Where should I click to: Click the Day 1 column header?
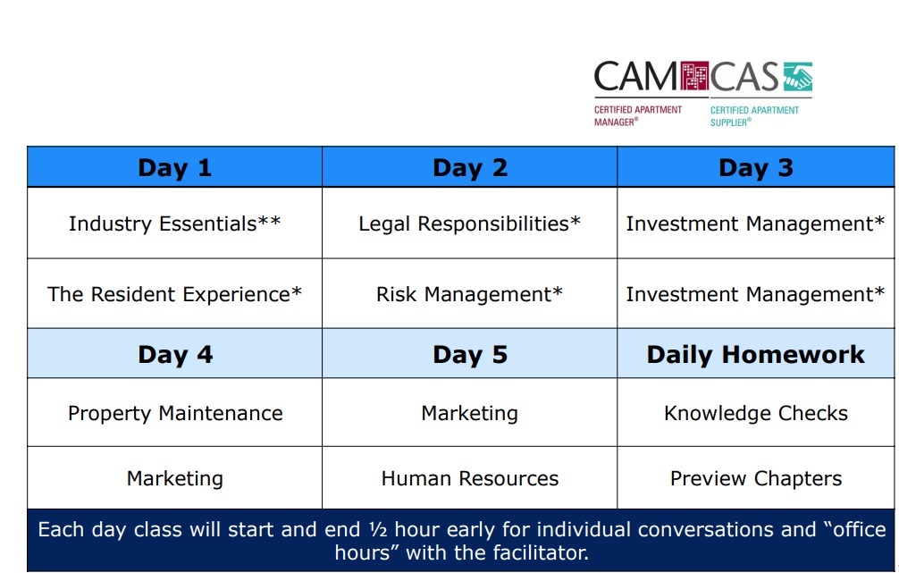click(175, 167)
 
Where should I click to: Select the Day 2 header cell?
click(470, 167)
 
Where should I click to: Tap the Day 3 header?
click(756, 167)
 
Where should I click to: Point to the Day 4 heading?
click(175, 354)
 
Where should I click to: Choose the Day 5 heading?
click(470, 354)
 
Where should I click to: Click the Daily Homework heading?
click(756, 354)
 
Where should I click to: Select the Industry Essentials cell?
click(175, 223)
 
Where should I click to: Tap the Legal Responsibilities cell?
click(470, 223)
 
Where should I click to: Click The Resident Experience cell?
click(175, 294)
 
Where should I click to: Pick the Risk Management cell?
click(470, 294)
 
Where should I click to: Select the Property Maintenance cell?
click(175, 413)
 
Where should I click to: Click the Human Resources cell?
click(470, 477)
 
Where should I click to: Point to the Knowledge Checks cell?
click(756, 413)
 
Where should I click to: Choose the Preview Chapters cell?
click(756, 477)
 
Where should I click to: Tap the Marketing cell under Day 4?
click(175, 477)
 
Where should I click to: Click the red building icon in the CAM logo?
click(694, 76)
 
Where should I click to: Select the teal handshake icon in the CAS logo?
click(798, 77)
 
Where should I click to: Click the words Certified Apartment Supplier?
click(754, 116)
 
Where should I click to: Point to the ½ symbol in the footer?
click(378, 529)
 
